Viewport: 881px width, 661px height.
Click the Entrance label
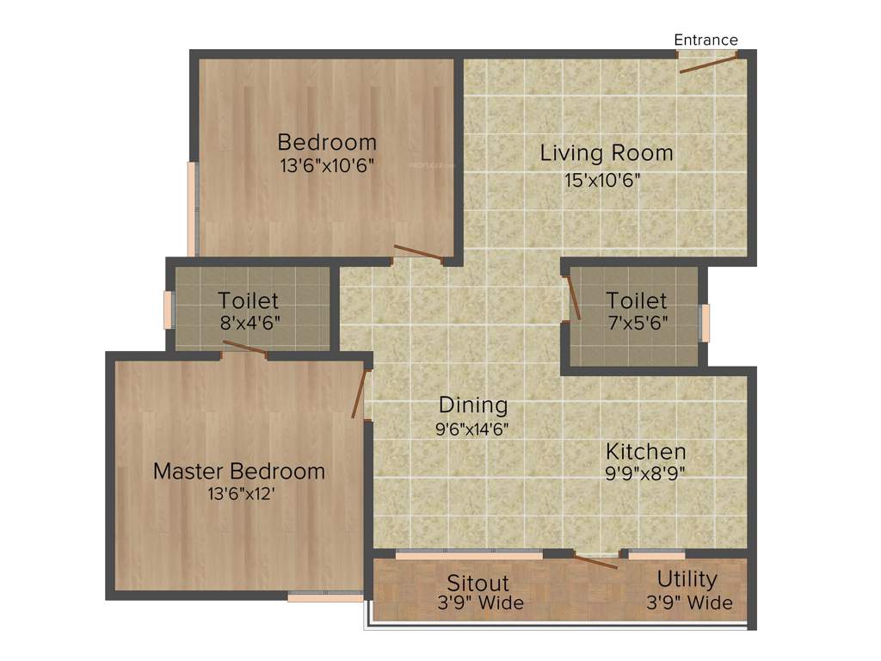pyautogui.click(x=705, y=40)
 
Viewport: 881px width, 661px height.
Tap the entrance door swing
pyautogui.click(x=708, y=62)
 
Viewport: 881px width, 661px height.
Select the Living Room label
pyautogui.click(x=606, y=153)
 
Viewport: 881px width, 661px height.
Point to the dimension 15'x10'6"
pyautogui.click(x=602, y=181)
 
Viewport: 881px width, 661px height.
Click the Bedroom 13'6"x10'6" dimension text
pyautogui.click(x=327, y=165)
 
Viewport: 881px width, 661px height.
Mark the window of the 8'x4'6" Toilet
pyautogui.click(x=169, y=309)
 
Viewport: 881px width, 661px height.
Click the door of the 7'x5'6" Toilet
pyautogui.click(x=573, y=298)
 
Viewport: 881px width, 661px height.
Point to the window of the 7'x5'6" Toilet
pyautogui.click(x=705, y=323)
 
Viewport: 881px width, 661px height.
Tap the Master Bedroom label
pyautogui.click(x=239, y=472)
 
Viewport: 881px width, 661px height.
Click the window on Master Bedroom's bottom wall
pyautogui.click(x=325, y=596)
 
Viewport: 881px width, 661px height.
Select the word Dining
pyautogui.click(x=473, y=405)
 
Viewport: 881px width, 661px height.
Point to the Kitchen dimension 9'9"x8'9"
pyautogui.click(x=645, y=473)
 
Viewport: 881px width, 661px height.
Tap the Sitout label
pyautogui.click(x=478, y=583)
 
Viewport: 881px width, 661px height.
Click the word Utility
pyautogui.click(x=687, y=578)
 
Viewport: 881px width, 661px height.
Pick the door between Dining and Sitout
pyautogui.click(x=595, y=562)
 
